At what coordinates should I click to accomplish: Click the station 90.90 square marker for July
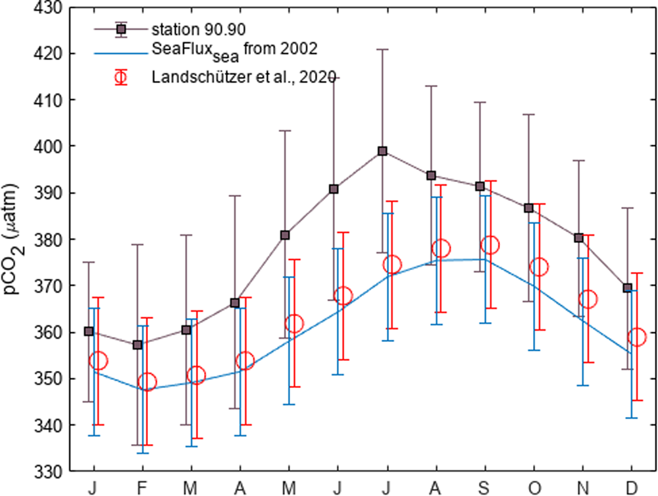[382, 151]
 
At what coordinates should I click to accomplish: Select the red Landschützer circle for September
[490, 245]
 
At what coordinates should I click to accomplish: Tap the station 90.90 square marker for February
[138, 344]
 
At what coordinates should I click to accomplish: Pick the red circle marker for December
[637, 337]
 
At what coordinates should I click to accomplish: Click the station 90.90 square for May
[284, 235]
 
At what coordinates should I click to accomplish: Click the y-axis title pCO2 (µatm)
[14, 240]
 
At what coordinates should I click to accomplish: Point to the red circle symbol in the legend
[120, 76]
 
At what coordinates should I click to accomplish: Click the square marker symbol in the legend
[120, 29]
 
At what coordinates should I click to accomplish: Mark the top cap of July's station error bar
[382, 49]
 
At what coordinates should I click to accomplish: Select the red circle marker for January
[98, 360]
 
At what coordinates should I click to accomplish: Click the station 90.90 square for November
[578, 238]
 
